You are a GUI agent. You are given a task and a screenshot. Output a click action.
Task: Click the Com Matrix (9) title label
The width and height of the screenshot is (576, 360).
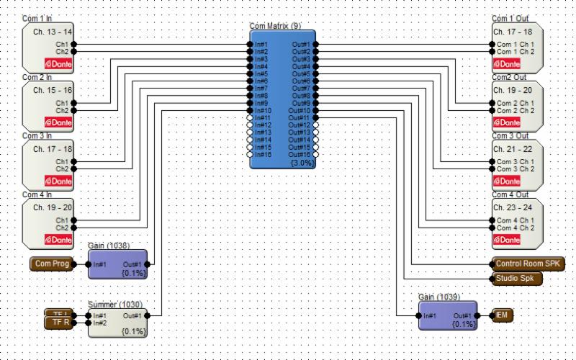pyautogui.click(x=276, y=26)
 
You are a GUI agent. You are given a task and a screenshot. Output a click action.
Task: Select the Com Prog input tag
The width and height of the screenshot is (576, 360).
pyautogui.click(x=52, y=264)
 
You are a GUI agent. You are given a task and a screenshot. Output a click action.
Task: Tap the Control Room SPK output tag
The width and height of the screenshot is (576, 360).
pyautogui.click(x=529, y=264)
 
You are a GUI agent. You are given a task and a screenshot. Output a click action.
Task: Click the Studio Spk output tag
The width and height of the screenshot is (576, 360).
pyautogui.click(x=517, y=278)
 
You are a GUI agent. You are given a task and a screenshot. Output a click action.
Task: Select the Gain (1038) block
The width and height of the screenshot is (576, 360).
pyautogui.click(x=117, y=264)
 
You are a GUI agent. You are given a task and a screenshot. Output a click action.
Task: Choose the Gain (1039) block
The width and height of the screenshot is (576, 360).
pyautogui.click(x=447, y=315)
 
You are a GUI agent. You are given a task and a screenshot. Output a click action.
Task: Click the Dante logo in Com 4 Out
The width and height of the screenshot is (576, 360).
pyautogui.click(x=506, y=239)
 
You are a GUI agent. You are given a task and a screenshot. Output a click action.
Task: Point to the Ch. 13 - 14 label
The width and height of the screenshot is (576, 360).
pyautogui.click(x=53, y=32)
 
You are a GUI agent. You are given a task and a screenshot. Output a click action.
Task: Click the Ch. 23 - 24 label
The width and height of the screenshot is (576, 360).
pyautogui.click(x=513, y=208)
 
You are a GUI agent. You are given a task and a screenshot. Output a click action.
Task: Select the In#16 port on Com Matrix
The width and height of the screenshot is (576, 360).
pyautogui.click(x=251, y=154)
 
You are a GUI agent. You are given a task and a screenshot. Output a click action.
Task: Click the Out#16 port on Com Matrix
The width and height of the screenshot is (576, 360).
pyautogui.click(x=315, y=154)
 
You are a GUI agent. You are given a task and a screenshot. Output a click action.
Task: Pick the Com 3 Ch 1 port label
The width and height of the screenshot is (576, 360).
pyautogui.click(x=516, y=161)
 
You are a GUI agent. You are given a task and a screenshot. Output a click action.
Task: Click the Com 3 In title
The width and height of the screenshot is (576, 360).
pyautogui.click(x=37, y=135)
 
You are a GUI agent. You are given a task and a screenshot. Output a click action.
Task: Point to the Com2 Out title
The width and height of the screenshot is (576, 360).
pyautogui.click(x=509, y=77)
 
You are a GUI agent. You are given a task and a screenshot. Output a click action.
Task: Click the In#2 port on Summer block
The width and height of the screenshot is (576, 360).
pyautogui.click(x=89, y=323)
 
